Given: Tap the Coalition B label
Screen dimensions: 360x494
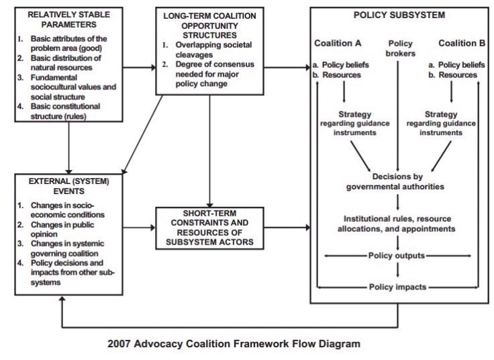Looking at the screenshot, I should click(462, 44).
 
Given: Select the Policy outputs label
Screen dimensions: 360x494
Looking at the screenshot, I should click(399, 256).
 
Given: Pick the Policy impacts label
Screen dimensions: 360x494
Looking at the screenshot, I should click(399, 287).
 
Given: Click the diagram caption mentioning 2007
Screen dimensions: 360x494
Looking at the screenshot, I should click(234, 343).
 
